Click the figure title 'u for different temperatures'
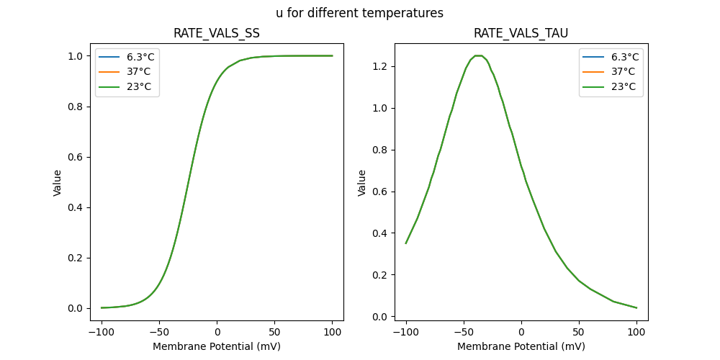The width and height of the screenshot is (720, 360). tap(359, 13)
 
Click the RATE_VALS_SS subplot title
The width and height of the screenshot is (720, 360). tap(217, 33)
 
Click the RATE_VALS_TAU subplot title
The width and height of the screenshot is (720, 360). tap(521, 33)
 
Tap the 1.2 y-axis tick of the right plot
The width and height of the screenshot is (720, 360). tap(379, 66)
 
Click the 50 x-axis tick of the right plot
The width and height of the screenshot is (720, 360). tap(579, 332)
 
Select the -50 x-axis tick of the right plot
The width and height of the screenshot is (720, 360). tap(464, 332)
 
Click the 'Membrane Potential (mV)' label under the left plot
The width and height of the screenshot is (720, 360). tap(217, 346)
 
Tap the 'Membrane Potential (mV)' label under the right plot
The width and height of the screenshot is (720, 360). tap(521, 346)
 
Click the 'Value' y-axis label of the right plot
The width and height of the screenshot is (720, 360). tap(362, 182)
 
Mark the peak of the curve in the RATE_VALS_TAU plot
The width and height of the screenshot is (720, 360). tap(477, 55)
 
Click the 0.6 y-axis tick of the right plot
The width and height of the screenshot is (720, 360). tap(379, 192)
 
